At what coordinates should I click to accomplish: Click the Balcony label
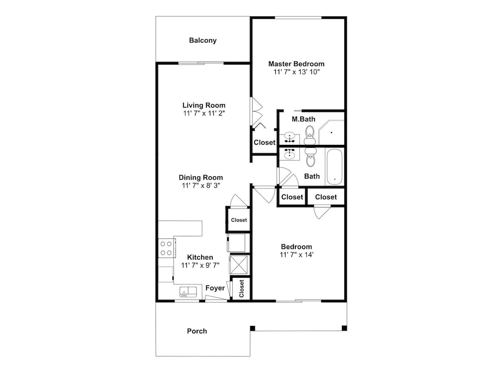click(203, 40)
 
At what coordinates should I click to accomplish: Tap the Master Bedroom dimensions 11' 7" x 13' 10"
click(297, 72)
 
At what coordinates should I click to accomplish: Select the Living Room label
click(204, 105)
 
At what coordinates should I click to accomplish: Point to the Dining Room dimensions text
click(201, 185)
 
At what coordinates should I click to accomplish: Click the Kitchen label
click(200, 257)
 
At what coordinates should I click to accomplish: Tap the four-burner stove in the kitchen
click(166, 249)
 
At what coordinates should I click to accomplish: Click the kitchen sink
click(188, 292)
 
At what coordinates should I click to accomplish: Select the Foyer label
click(215, 288)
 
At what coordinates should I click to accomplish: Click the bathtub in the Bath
click(334, 167)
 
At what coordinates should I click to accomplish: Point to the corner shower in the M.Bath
click(331, 132)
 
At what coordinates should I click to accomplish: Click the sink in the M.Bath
click(290, 138)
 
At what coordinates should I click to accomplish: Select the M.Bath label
click(304, 119)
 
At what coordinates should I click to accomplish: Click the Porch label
click(197, 331)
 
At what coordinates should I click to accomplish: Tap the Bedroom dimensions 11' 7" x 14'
click(297, 255)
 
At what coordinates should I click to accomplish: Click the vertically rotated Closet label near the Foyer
click(242, 288)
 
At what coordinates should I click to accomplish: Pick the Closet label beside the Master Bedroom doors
click(265, 142)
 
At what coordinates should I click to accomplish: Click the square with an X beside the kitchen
click(239, 265)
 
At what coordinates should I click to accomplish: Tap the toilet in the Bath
click(311, 157)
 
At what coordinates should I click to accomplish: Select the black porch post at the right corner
click(344, 328)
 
